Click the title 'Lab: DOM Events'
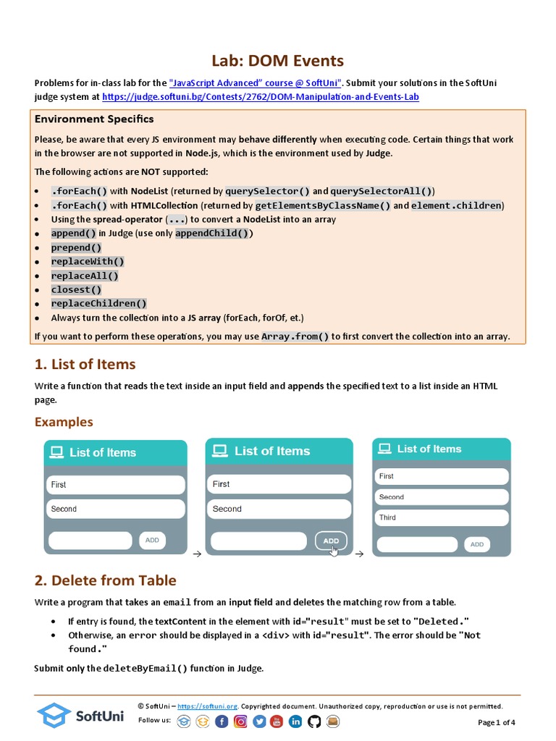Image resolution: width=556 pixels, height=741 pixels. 277,61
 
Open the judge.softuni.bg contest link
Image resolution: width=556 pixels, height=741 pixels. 260,96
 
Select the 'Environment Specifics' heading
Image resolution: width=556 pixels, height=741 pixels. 94,119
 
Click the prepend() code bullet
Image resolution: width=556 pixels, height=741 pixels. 76,247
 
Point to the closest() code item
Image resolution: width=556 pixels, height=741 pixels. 76,289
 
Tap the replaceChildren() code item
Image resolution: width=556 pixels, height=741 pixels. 98,304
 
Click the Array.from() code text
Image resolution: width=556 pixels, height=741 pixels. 295,336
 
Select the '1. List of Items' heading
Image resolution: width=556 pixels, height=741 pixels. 85,364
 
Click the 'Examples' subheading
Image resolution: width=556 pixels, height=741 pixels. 64,422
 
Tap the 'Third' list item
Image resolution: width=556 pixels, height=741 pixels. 441,517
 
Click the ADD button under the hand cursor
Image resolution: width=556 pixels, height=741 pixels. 331,541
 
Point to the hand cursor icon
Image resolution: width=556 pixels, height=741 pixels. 334,551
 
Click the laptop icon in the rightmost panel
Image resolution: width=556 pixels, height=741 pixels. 384,449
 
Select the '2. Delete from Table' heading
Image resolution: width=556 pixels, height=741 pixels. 105,580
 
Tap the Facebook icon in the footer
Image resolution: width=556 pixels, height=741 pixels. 222,721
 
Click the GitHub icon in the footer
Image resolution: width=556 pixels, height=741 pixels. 314,721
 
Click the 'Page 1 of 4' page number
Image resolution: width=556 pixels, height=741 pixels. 497,722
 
